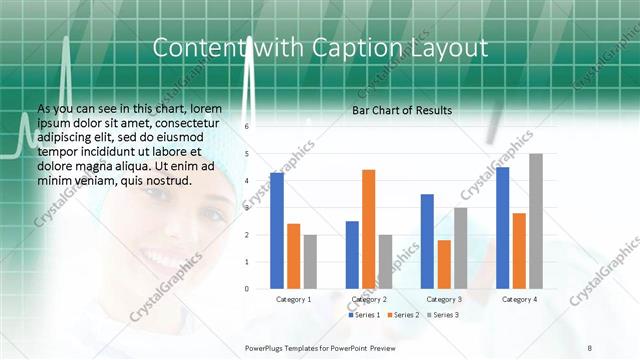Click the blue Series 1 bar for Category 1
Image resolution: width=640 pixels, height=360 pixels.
point(277,230)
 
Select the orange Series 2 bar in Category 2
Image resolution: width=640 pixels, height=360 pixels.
point(368,229)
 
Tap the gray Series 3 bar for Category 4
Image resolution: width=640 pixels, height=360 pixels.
point(536,221)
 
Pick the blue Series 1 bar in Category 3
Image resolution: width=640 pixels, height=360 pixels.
point(427,241)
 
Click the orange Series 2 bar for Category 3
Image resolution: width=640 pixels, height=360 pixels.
point(444,264)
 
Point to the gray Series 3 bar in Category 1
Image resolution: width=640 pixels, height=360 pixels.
point(310,261)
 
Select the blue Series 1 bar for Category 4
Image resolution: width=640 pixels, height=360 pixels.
point(502,228)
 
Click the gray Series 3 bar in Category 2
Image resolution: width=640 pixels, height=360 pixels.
point(385,261)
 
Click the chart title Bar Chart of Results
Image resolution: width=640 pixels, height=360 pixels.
point(402,110)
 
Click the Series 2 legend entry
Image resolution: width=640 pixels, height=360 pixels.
point(402,315)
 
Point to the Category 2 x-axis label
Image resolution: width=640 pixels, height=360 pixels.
point(368,299)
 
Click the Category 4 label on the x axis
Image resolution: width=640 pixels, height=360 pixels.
point(519,299)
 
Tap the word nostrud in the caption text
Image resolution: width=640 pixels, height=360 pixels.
point(164,180)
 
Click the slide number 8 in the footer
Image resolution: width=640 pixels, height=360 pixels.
point(589,347)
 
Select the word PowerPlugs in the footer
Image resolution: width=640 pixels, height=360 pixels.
point(268,347)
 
